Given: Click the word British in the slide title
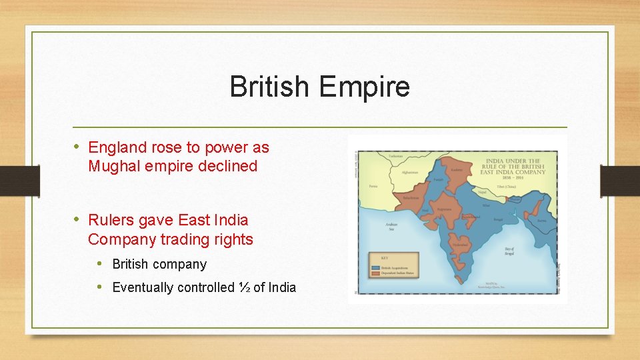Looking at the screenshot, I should (x=270, y=87).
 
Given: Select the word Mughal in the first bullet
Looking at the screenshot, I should (x=114, y=166).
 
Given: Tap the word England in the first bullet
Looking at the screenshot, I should (x=115, y=147).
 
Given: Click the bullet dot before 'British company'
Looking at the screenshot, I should (x=99, y=263).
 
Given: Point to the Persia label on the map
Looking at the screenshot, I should (x=373, y=187).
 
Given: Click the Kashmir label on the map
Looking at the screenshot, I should (x=457, y=170).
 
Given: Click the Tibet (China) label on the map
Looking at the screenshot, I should (x=507, y=187).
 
